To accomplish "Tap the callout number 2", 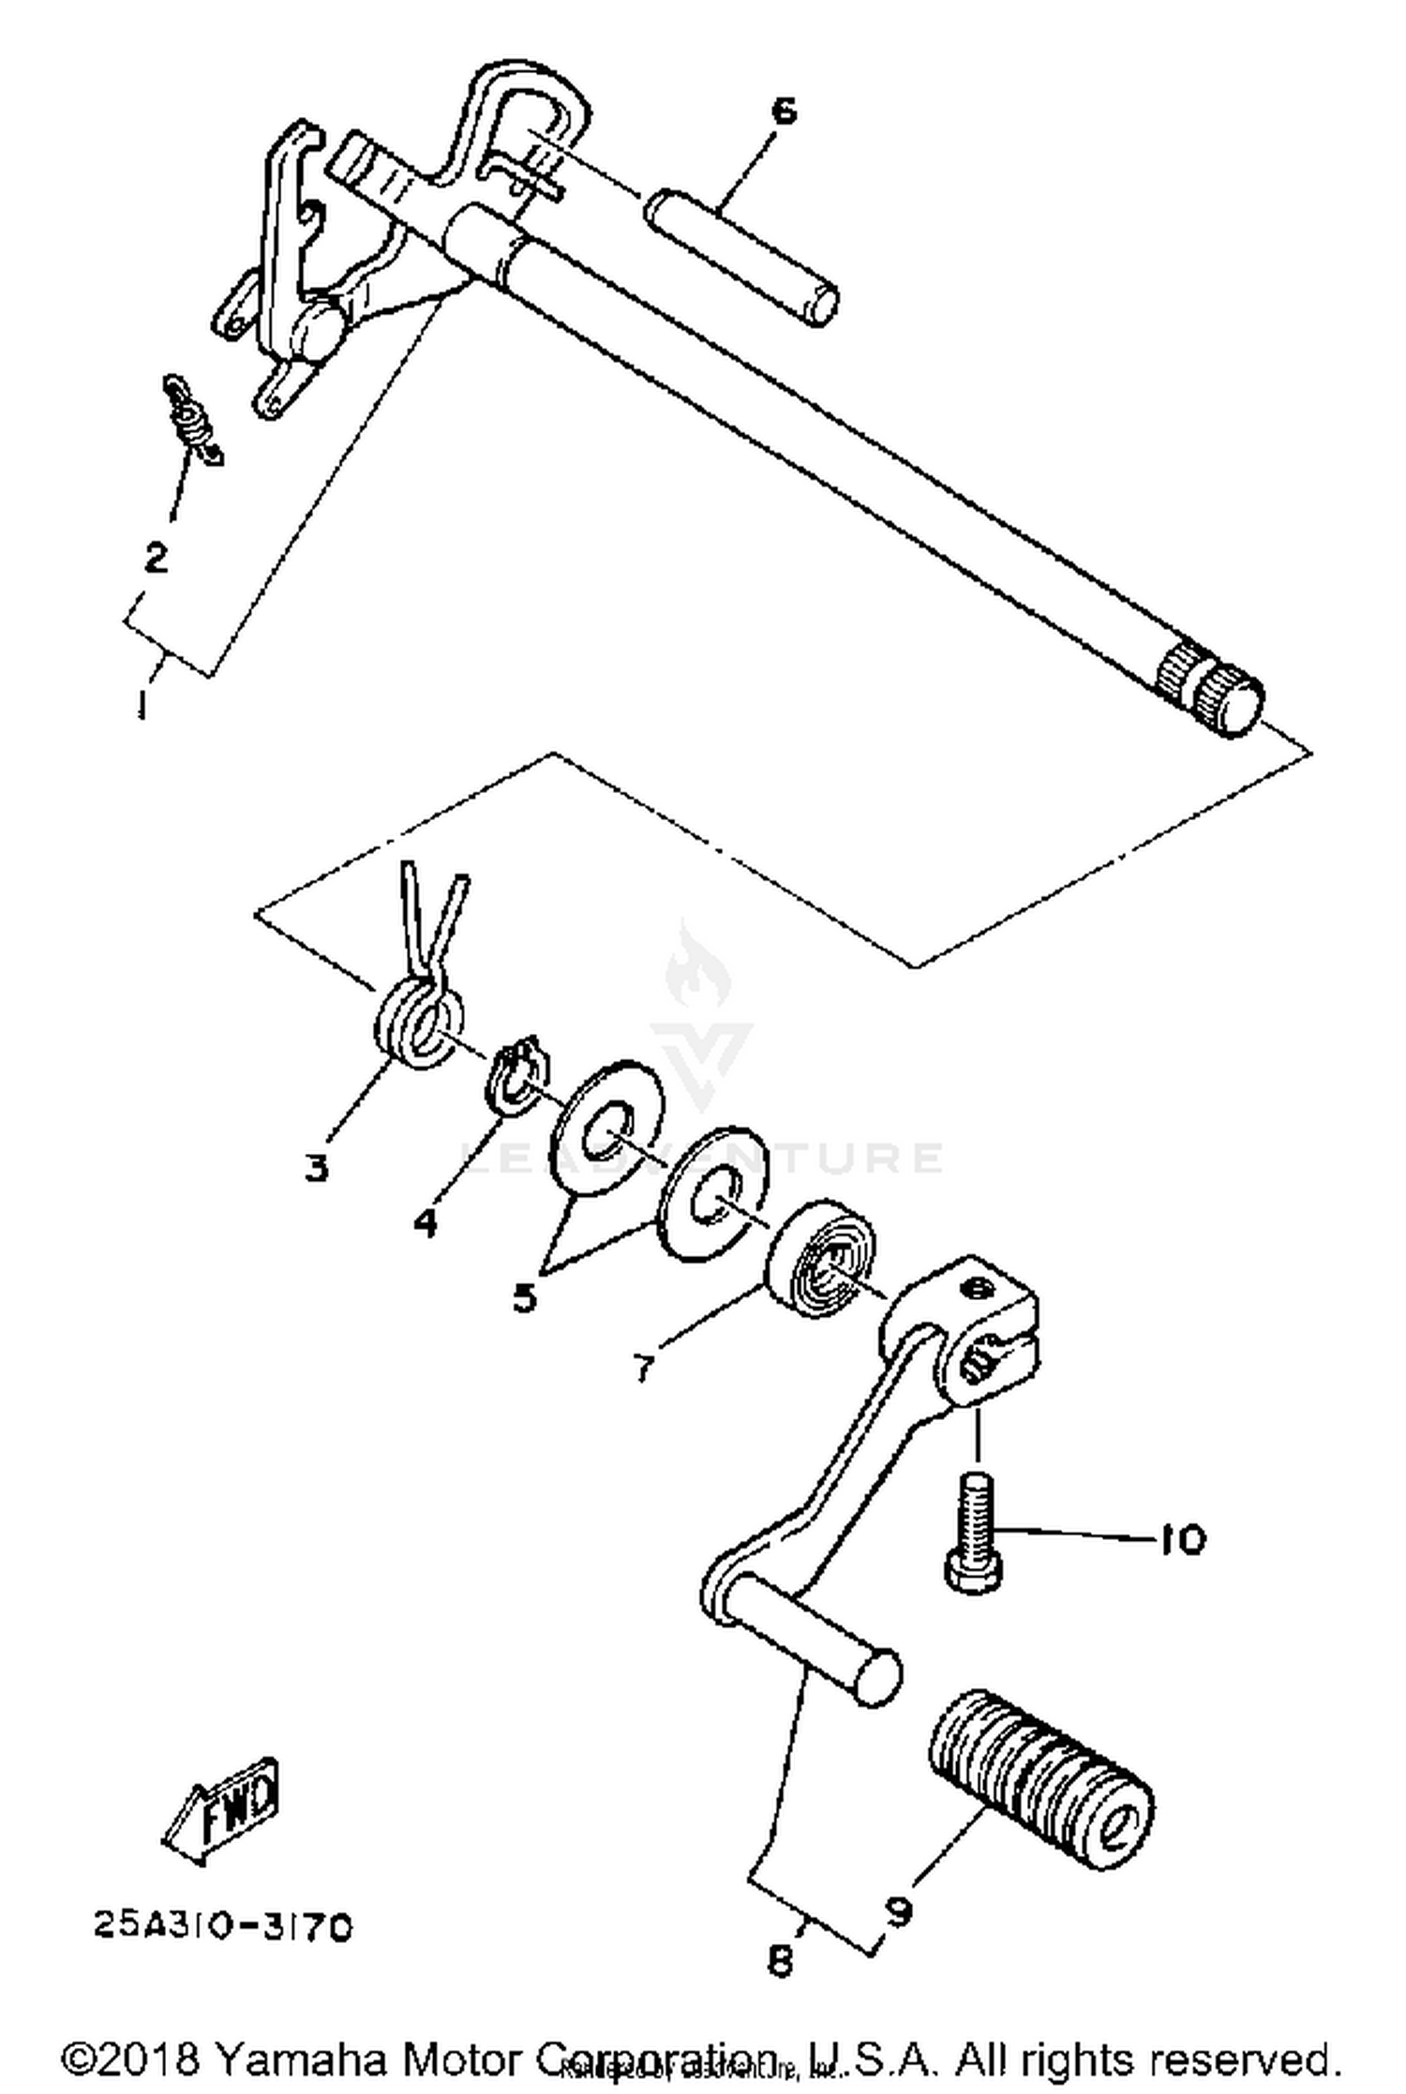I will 155,558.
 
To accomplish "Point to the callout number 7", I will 642,1369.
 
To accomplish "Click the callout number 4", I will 425,1222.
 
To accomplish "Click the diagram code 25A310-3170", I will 223,1927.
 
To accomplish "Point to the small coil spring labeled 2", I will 192,419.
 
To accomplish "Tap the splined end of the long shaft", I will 1209,690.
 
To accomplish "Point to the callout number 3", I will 317,1168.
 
